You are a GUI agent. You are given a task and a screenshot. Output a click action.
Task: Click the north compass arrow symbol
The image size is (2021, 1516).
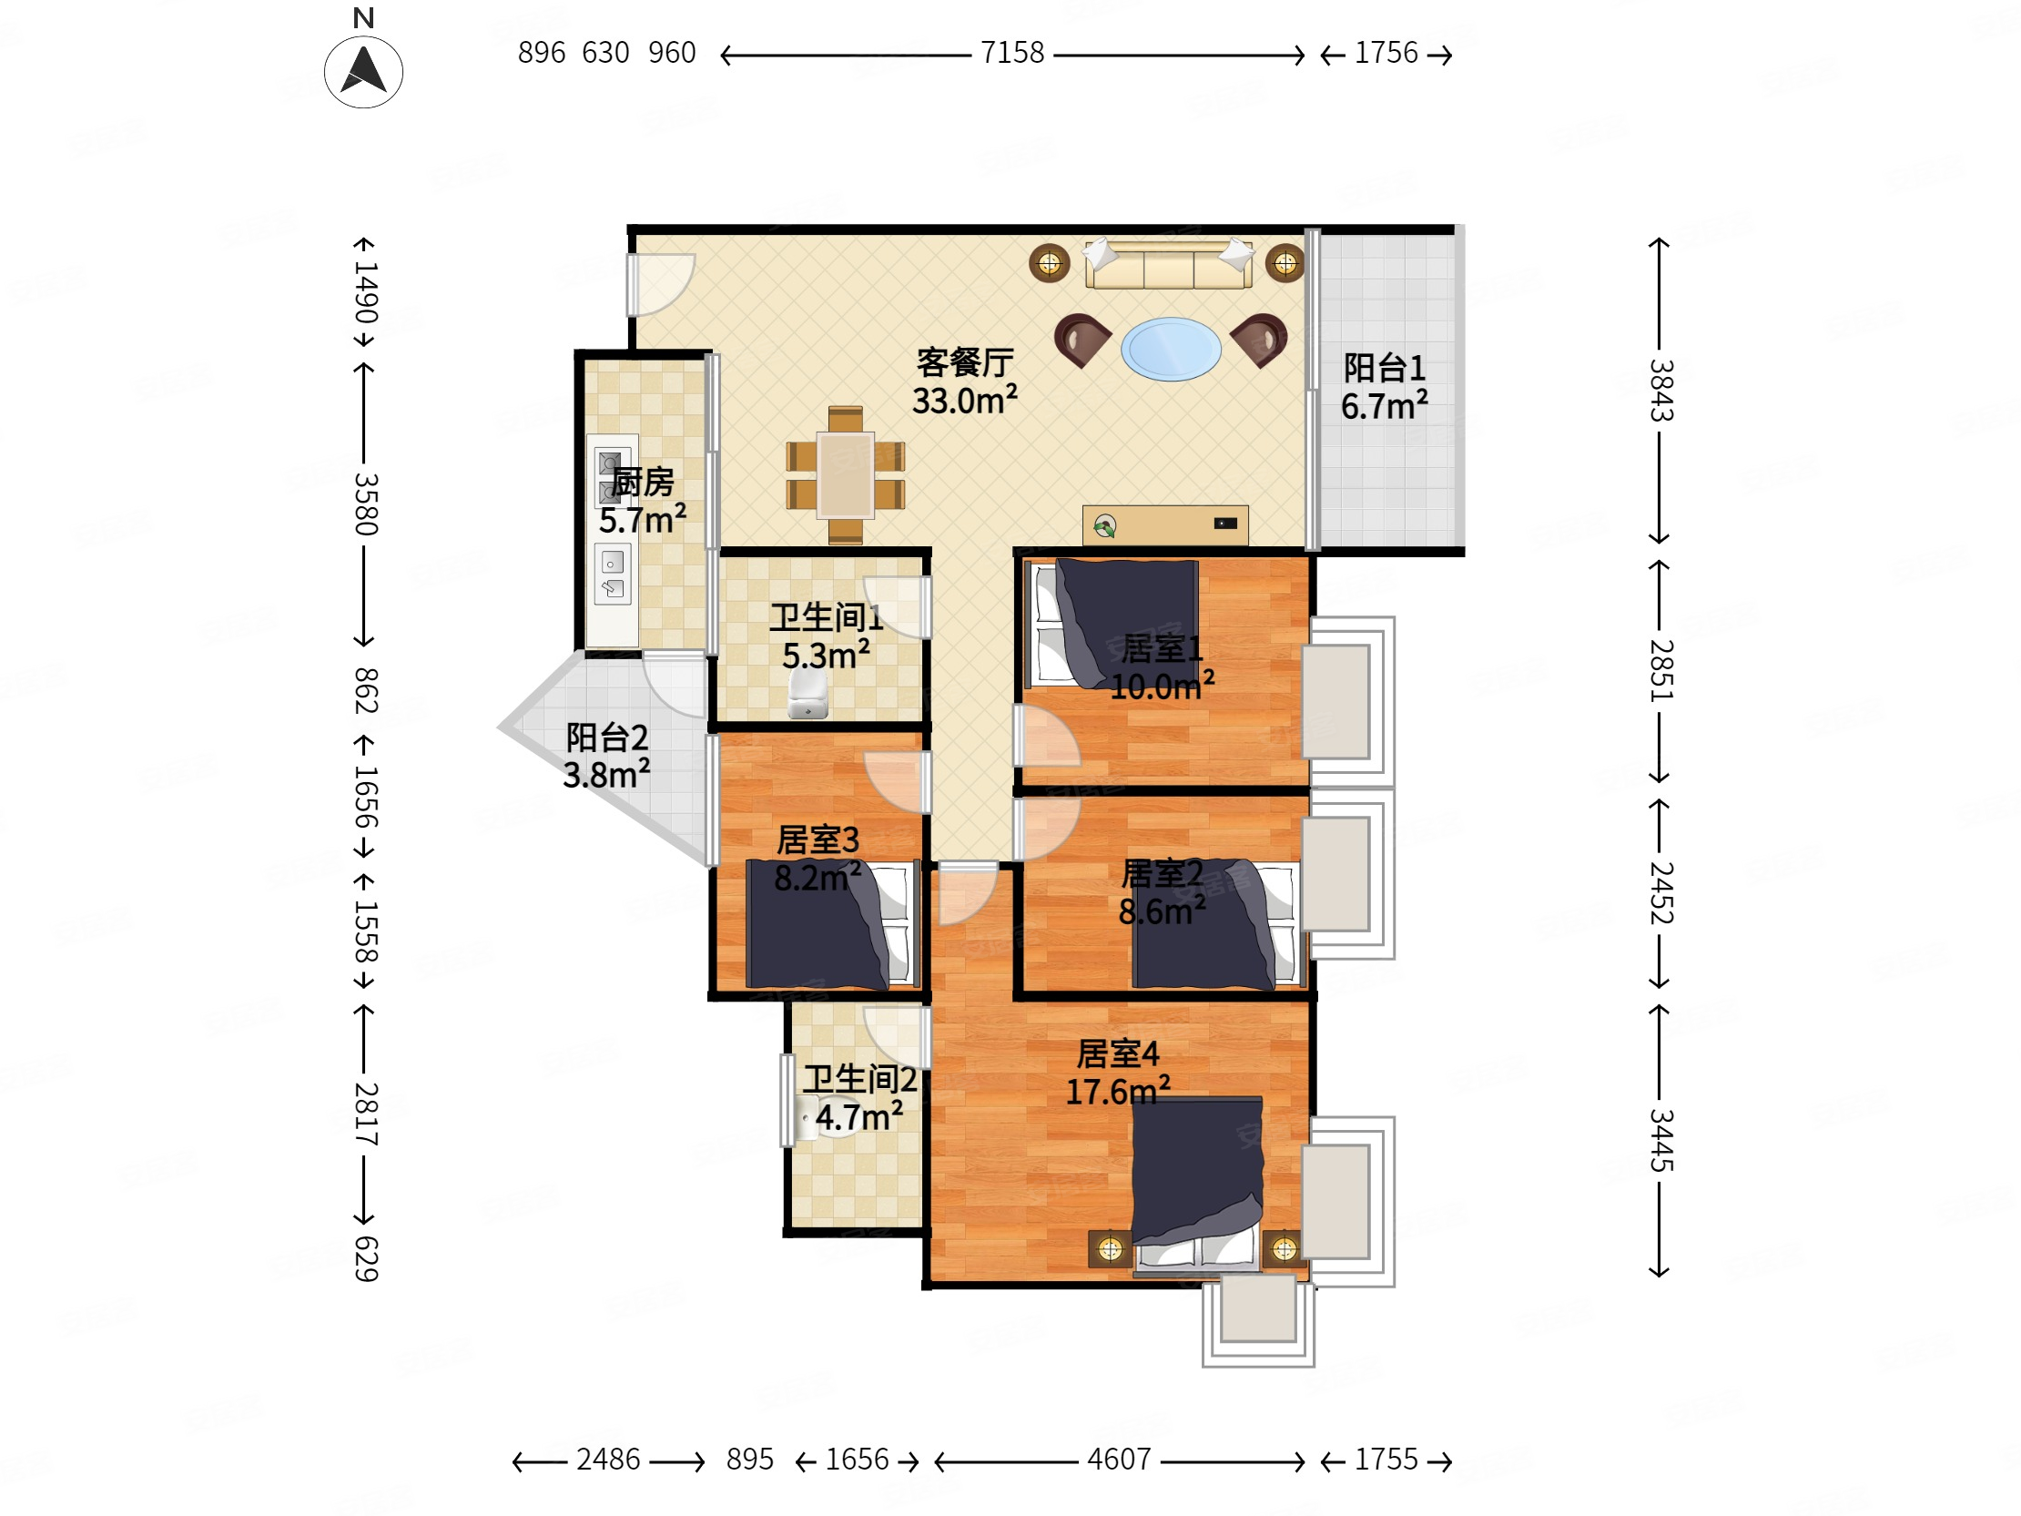point(363,71)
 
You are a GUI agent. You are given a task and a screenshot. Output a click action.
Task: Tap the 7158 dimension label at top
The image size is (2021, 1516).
point(1011,53)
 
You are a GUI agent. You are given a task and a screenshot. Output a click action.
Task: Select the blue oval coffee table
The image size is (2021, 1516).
point(1171,348)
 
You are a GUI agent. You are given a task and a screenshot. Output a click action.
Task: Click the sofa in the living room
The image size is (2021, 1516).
point(1169,263)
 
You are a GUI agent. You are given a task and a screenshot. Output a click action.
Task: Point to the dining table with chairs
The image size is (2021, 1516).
point(845,475)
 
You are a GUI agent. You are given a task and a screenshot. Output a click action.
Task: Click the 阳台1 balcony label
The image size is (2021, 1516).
point(1384,368)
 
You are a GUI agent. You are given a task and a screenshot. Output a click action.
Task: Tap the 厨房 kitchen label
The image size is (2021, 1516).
point(643,482)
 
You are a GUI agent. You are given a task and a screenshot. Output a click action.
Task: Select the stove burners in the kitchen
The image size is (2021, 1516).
point(611,476)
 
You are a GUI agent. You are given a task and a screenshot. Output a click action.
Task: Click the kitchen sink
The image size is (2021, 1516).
point(612,574)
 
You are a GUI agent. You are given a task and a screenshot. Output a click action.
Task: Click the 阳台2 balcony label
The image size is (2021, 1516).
point(606,737)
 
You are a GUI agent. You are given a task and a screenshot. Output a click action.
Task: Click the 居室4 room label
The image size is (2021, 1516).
point(1117,1053)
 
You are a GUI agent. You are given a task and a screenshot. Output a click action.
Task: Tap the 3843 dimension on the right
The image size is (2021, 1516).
point(1660,391)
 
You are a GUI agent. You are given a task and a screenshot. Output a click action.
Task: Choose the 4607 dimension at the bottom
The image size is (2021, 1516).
point(1119,1460)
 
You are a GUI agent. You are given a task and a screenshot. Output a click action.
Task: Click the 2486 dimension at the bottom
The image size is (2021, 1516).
point(607,1460)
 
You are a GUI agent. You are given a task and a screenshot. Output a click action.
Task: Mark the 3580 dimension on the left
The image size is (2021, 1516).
point(365,504)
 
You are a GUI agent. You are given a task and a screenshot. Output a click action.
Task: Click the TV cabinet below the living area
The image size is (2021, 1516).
point(1165,524)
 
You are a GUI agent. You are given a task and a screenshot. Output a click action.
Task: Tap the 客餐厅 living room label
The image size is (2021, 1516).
point(965,362)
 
